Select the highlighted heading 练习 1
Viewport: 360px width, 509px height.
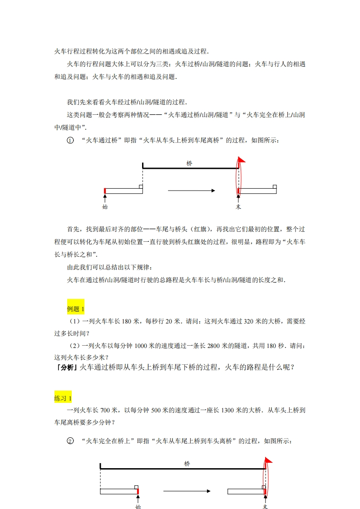click(63, 398)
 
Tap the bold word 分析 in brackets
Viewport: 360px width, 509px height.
click(66, 367)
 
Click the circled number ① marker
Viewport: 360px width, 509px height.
click(70, 141)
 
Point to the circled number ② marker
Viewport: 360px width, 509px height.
click(70, 441)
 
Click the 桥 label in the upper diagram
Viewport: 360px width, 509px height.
click(189, 163)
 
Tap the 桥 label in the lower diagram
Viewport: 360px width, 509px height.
click(187, 464)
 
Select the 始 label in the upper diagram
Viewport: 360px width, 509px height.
click(105, 207)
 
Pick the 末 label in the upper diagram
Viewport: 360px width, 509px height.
click(238, 207)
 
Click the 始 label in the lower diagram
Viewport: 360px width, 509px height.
click(138, 506)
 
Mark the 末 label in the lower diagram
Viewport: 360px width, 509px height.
click(266, 506)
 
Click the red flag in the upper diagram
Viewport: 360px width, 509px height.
click(242, 159)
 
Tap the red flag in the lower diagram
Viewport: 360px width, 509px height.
click(268, 460)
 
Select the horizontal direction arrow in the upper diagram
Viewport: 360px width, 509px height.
click(191, 191)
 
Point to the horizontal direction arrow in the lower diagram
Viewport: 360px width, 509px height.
click(187, 491)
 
